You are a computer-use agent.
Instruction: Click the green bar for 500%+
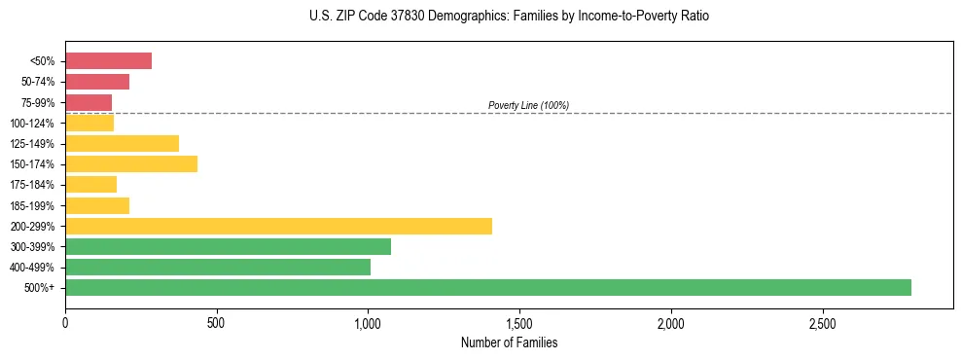pos(487,287)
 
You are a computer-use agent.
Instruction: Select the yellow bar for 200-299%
pos(278,226)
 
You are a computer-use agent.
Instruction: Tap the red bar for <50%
pos(108,61)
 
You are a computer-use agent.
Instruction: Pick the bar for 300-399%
pos(228,246)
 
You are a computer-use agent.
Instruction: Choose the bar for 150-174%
pos(131,164)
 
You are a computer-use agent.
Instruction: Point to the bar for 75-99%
pos(89,102)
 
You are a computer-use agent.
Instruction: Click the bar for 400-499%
pos(218,267)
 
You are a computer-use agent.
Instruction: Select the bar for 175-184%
pos(90,185)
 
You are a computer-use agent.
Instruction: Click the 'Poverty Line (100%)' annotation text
pos(528,105)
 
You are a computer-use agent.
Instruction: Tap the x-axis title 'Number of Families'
pos(509,342)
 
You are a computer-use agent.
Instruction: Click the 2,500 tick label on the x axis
pos(823,323)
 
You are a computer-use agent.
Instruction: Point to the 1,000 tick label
pos(368,323)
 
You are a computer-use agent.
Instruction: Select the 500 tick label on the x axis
pos(216,323)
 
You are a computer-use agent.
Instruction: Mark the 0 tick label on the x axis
pos(65,323)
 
